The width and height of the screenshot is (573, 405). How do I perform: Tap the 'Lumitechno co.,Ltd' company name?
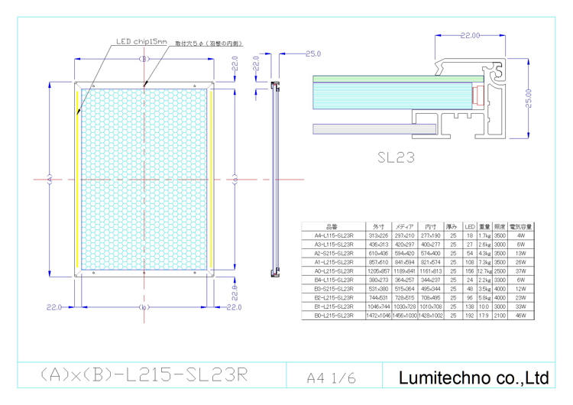coord(474,377)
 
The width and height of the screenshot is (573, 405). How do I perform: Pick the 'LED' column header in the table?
coord(470,228)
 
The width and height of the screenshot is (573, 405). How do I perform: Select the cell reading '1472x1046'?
coord(379,315)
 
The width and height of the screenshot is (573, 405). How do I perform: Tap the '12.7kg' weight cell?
coord(484,271)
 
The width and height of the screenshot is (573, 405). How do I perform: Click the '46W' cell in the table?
coord(521,315)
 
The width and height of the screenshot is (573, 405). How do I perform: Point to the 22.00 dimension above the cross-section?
coord(470,35)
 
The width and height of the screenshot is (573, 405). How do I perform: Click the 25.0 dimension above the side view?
coord(312,54)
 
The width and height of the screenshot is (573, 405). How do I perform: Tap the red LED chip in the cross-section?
coord(477,96)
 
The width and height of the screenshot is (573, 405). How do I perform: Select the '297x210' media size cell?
coord(404,236)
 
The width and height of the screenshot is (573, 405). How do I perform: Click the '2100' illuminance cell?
coord(500,315)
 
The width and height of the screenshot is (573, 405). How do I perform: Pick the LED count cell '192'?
coord(470,315)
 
